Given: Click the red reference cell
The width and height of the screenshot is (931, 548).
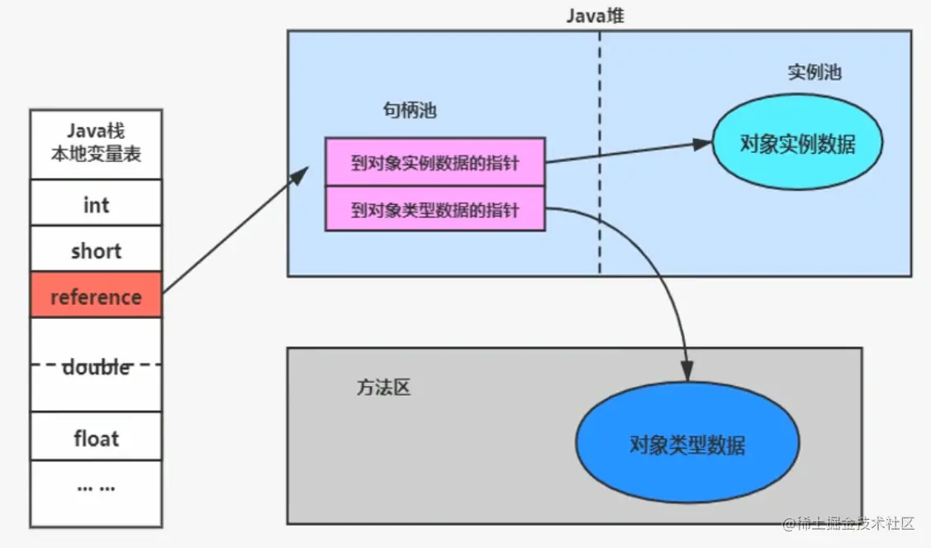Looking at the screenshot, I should click(x=96, y=295).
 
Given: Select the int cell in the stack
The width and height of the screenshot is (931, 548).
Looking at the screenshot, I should click(x=96, y=203).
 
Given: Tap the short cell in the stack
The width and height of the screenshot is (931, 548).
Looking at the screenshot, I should click(x=96, y=250).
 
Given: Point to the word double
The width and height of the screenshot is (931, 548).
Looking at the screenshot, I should click(x=97, y=366).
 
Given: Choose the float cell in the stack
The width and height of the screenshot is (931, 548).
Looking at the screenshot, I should click(x=96, y=437).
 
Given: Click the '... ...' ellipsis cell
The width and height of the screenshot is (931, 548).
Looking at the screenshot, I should click(x=96, y=488).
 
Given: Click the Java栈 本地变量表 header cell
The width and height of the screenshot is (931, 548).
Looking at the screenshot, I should click(x=96, y=143).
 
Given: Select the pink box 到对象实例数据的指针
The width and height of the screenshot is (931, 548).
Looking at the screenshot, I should click(x=435, y=162).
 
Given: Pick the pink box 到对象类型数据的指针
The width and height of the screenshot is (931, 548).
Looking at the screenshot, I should click(x=435, y=209).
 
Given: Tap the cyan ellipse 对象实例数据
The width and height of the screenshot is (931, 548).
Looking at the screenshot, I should click(x=797, y=144).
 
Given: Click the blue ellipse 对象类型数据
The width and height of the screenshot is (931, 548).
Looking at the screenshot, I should click(x=686, y=446).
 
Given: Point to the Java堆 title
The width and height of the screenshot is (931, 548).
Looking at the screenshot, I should click(x=599, y=15).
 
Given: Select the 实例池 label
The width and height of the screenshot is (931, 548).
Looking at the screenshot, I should click(x=814, y=72).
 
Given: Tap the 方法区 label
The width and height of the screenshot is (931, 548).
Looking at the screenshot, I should click(x=383, y=388).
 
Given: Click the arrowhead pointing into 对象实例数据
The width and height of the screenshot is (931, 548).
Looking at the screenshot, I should click(x=702, y=144).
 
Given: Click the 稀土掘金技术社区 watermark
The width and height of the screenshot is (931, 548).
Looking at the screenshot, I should click(x=851, y=524).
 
